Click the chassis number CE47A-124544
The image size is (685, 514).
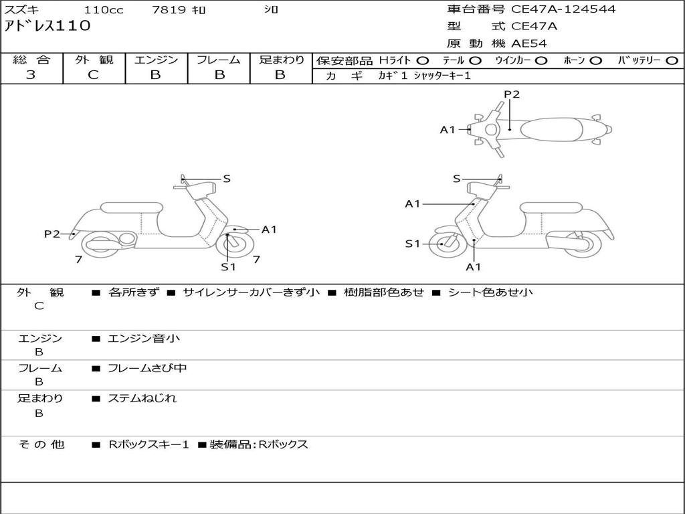[x=563, y=9]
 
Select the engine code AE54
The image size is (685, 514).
[x=529, y=44]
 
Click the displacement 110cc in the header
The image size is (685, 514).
[x=104, y=10]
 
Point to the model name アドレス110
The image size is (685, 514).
[x=47, y=27]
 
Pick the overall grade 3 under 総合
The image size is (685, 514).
[x=31, y=75]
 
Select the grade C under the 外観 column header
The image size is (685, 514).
[x=94, y=75]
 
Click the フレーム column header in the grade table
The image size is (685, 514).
[x=219, y=60]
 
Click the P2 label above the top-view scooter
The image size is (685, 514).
[x=512, y=94]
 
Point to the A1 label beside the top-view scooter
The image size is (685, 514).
[x=448, y=130]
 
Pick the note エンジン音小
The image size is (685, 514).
[x=144, y=339]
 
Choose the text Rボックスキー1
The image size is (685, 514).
[x=149, y=444]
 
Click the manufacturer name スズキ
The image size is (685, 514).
[x=21, y=10]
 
